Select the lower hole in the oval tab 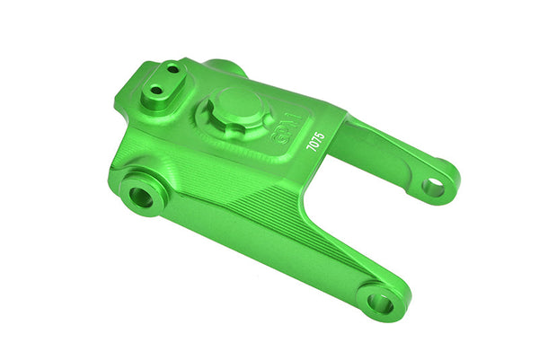click(x=156, y=90)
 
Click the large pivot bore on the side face click(x=140, y=196)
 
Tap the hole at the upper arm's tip click(x=434, y=187)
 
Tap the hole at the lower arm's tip click(x=381, y=303)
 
